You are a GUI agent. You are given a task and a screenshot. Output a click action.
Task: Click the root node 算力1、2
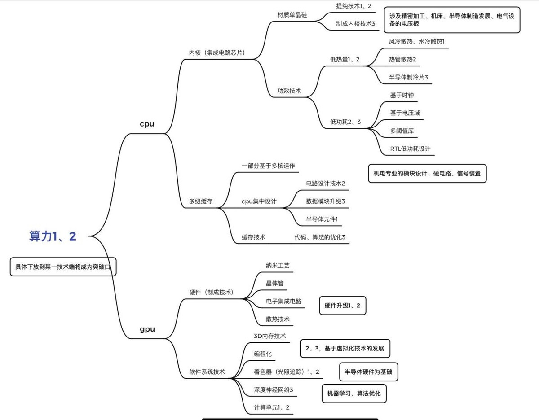pos(53,236)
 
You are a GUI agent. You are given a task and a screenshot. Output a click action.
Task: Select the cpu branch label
pos(147,124)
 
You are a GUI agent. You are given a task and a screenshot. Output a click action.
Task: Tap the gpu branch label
pos(147,329)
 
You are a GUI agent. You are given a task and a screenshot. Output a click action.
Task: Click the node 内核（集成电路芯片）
pos(217,52)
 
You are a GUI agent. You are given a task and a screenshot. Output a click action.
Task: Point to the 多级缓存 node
pos(201,201)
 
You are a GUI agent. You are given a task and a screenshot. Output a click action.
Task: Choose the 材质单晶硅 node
pos(292,14)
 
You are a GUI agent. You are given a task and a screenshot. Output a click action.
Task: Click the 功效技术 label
pos(289,91)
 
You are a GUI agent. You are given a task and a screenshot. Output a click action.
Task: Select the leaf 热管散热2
pos(402,59)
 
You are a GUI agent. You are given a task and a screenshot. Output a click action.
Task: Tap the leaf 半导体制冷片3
pos(408,77)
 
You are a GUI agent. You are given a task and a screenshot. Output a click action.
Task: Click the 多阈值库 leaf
pos(402,131)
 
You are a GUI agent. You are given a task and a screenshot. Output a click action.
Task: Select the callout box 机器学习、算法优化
pos(353,394)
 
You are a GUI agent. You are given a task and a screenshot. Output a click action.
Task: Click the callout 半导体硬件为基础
pos(368,372)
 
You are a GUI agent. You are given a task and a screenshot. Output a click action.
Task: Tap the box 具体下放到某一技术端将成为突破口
pos(63,267)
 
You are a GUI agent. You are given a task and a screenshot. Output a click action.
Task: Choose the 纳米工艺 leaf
pos(278,265)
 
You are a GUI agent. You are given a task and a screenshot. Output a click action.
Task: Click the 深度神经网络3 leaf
pos(273,389)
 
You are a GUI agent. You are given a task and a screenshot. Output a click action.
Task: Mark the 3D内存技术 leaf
pos(269,336)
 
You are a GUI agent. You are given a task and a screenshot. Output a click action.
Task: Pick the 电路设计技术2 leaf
pos(325,183)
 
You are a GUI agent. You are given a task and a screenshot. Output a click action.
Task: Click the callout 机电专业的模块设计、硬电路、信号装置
pos(427,173)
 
